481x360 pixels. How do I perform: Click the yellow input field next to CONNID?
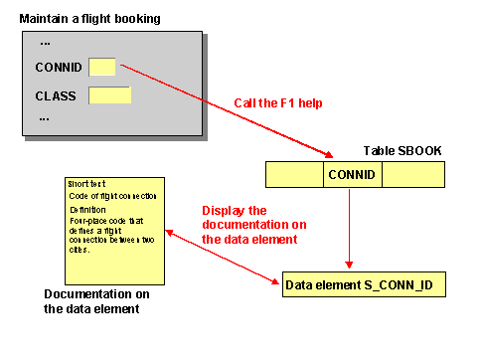pyautogui.click(x=102, y=68)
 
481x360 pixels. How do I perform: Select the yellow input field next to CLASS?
pyautogui.click(x=109, y=95)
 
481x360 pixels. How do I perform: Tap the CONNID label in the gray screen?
pyautogui.click(x=58, y=69)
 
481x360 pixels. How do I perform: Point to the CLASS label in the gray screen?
pyautogui.click(x=56, y=96)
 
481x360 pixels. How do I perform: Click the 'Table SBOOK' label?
pyautogui.click(x=403, y=150)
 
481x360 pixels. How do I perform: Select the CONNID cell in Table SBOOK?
pyautogui.click(x=353, y=175)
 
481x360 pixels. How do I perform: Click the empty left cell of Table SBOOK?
pyautogui.click(x=294, y=175)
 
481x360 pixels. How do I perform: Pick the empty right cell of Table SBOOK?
pyautogui.click(x=411, y=175)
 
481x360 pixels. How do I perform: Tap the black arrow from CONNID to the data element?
pyautogui.click(x=349, y=229)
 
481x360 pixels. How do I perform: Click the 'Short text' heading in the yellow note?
pyautogui.click(x=86, y=184)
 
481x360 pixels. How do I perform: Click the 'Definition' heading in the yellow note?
pyautogui.click(x=87, y=210)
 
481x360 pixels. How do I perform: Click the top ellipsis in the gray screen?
pyautogui.click(x=45, y=44)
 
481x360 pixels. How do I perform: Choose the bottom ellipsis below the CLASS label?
pyautogui.click(x=45, y=118)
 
